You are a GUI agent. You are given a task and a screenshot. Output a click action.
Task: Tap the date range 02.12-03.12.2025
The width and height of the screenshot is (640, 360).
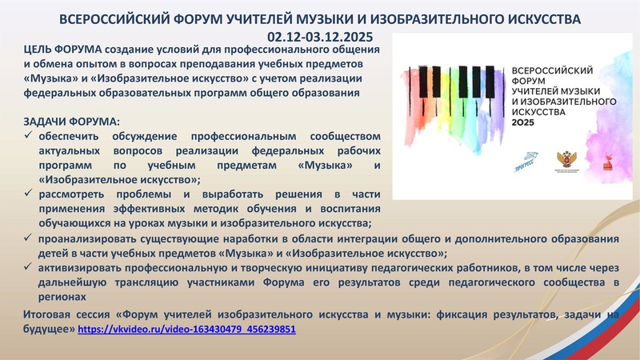click(x=320, y=36)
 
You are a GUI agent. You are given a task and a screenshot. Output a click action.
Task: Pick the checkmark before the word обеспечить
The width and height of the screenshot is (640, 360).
click(x=30, y=136)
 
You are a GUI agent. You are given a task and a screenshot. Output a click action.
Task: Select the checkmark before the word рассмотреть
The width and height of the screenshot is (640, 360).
click(x=30, y=194)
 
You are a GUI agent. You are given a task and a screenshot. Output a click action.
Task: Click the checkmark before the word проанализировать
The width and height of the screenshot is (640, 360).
click(x=30, y=238)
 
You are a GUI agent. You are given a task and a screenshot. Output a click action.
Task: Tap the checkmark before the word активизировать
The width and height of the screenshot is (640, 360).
click(x=30, y=267)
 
